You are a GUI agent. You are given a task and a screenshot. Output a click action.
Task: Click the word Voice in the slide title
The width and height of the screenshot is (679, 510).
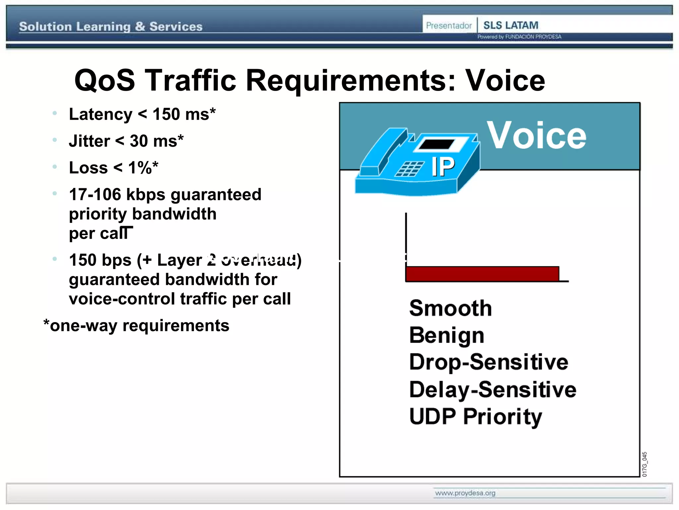505,81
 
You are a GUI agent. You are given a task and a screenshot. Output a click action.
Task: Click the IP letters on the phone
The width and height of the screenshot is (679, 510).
443,167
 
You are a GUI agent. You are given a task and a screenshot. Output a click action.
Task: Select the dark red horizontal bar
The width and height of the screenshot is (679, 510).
482,274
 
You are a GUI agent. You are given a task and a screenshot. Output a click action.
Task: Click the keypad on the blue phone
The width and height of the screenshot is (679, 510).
410,169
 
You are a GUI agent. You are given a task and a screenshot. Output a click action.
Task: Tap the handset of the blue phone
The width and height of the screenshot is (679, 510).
385,151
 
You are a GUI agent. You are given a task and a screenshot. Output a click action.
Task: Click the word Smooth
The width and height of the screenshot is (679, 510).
450,308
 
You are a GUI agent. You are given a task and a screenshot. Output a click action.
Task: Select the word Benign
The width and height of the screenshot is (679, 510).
447,335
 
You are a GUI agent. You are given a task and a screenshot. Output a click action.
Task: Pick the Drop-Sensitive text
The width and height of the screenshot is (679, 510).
488,362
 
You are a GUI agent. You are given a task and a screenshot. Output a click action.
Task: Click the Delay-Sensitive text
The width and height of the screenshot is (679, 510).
492,389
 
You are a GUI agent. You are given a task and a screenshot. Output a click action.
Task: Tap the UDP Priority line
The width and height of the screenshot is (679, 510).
475,416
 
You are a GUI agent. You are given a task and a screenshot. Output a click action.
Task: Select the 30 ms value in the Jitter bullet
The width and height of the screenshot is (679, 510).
156,141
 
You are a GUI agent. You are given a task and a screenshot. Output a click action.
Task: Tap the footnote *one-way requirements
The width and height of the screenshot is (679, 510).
136,325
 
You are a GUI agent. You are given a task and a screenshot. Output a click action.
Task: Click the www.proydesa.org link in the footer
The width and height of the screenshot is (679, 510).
465,493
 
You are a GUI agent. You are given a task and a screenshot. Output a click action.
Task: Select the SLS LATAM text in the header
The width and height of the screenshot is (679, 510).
511,25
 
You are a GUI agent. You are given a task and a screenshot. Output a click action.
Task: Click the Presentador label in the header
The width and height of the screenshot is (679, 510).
449,26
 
